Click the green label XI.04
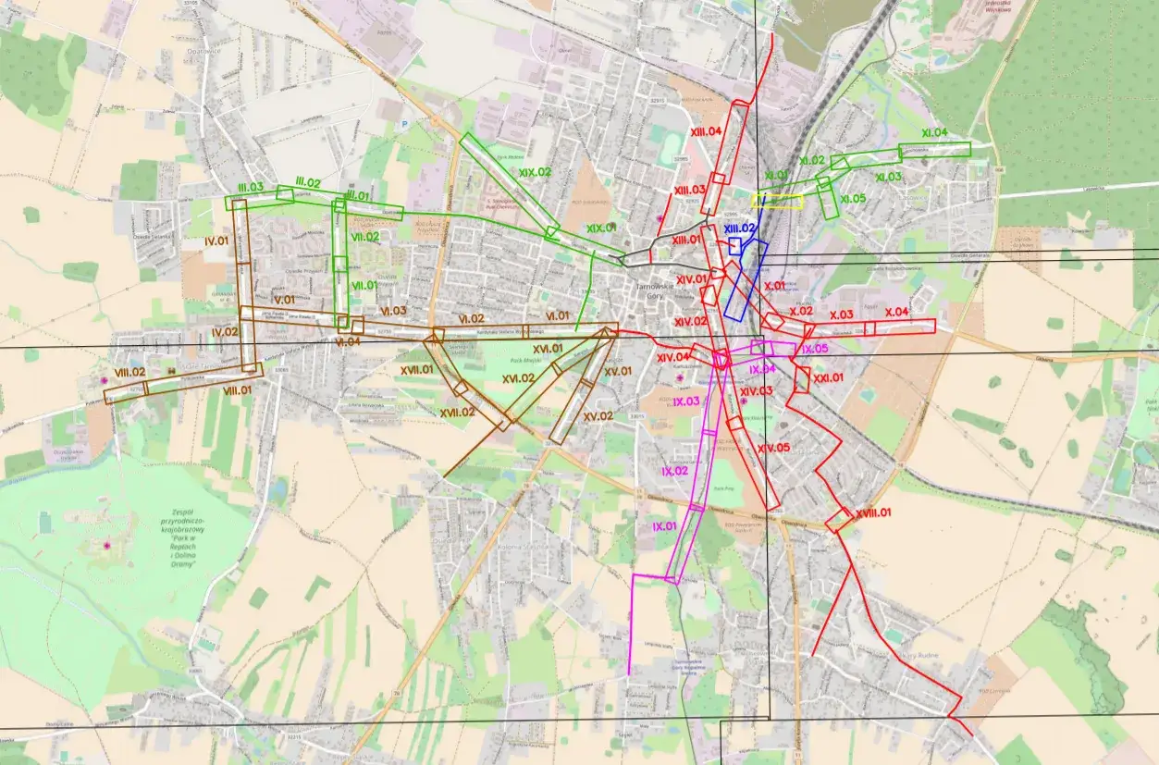click(x=934, y=133)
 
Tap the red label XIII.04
click(x=706, y=131)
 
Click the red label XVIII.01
click(x=873, y=512)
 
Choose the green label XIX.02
click(x=535, y=172)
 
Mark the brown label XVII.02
click(x=457, y=413)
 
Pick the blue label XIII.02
click(x=740, y=228)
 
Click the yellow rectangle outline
click(x=780, y=201)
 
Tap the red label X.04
click(x=897, y=313)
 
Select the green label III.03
click(x=250, y=188)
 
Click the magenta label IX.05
click(x=816, y=349)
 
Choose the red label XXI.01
click(x=829, y=377)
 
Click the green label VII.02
click(x=364, y=237)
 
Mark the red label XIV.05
click(x=774, y=448)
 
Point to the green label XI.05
click(x=853, y=199)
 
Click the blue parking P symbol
click(x=404, y=123)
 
